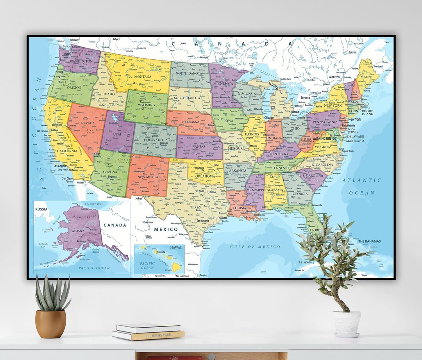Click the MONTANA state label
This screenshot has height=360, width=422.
click(143, 77)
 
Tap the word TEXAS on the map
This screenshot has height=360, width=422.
click(195, 207)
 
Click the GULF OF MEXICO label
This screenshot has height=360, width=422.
click(255, 247)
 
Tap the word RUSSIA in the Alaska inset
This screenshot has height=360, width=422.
click(41, 209)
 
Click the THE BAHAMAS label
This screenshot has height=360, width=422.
click(369, 241)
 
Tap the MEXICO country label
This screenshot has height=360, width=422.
click(166, 229)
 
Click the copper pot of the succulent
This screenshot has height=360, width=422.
click(50, 324)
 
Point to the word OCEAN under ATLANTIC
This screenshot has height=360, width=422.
click(361, 193)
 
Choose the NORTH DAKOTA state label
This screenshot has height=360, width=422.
click(189, 73)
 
